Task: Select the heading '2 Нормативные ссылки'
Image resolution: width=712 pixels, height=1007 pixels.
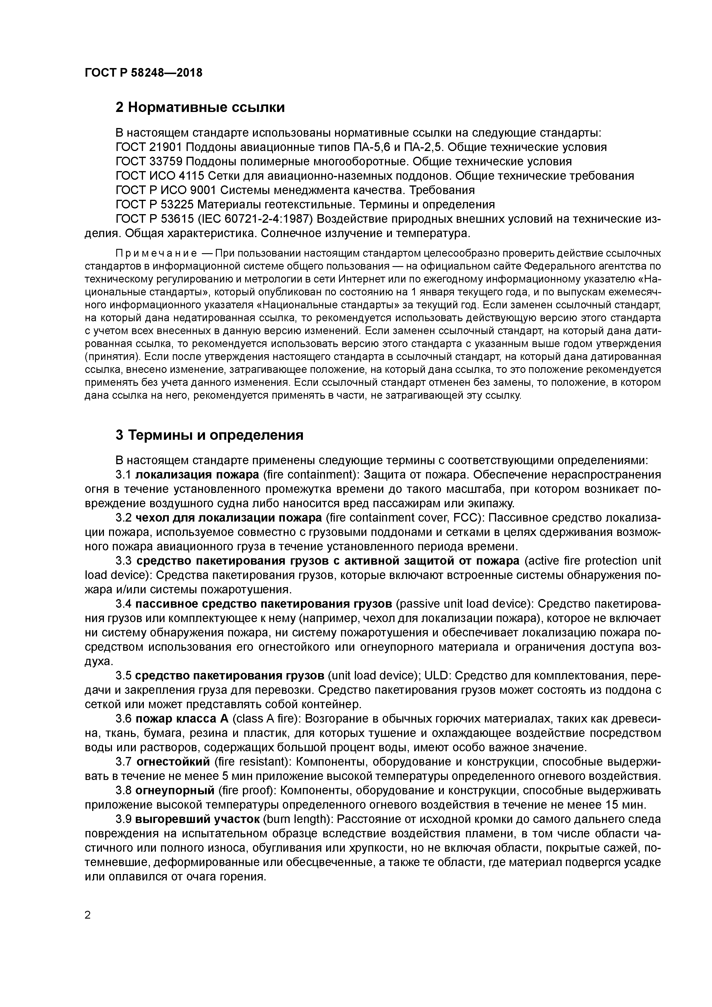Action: tap(200, 107)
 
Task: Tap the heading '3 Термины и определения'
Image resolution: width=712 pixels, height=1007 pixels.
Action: tap(209, 435)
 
